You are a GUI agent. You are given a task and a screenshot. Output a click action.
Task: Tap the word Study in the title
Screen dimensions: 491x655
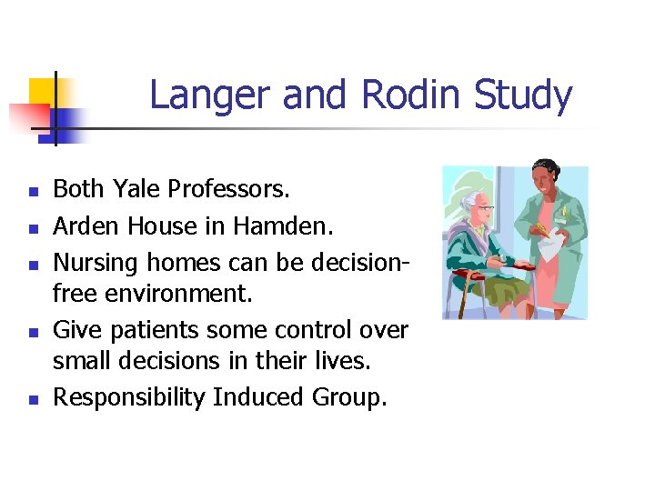click(522, 95)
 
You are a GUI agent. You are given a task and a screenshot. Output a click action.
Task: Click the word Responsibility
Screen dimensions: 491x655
click(128, 397)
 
